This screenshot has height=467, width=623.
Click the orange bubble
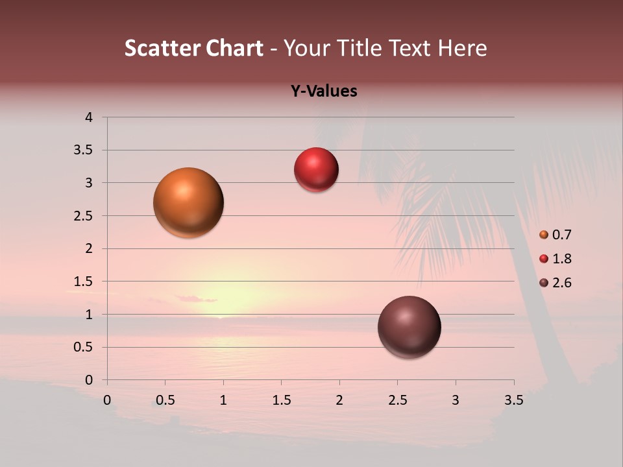[x=188, y=202]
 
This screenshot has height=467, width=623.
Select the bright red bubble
[x=316, y=170]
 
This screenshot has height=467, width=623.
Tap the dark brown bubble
[x=409, y=327]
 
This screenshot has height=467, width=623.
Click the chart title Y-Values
[x=324, y=91]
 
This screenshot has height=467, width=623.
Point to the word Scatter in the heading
[x=162, y=48]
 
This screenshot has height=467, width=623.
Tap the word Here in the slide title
[x=461, y=48]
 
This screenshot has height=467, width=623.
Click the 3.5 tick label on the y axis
[x=83, y=150]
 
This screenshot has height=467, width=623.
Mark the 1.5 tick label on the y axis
[x=83, y=281]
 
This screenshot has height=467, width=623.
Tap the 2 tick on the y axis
[x=88, y=248]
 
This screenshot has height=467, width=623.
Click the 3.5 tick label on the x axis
[x=513, y=400]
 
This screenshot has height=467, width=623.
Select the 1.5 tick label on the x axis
[x=281, y=400]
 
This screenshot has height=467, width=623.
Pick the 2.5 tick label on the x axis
[x=397, y=400]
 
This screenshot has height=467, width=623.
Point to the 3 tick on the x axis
[x=456, y=400]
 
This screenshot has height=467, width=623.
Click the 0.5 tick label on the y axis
[x=83, y=347]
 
